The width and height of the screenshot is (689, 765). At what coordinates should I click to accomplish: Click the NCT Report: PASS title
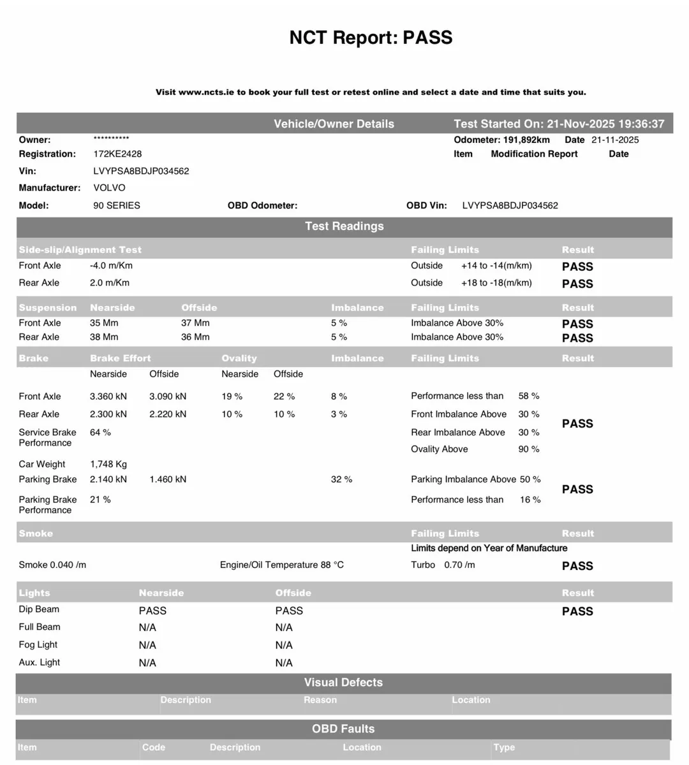click(371, 38)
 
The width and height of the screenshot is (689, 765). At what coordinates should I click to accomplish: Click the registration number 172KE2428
click(117, 154)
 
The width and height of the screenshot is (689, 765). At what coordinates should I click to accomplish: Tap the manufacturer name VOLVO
click(109, 188)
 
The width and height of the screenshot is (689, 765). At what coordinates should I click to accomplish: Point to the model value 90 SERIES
click(117, 206)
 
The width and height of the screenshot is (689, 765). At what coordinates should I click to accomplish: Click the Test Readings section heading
click(344, 226)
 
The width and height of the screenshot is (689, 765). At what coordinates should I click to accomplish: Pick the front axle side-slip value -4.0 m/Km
click(111, 266)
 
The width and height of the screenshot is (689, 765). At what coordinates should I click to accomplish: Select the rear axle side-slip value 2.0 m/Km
click(110, 283)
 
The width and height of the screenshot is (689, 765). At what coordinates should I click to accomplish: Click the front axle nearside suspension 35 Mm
click(105, 323)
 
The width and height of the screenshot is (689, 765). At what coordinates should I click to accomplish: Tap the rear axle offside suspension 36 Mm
click(195, 337)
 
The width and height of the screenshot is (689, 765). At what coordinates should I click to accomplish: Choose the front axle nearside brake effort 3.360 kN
click(108, 397)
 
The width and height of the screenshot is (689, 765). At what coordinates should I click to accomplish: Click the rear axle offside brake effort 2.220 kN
click(168, 414)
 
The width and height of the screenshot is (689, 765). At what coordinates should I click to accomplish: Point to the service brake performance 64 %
click(100, 433)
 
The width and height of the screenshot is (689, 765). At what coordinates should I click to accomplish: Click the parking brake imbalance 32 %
click(341, 479)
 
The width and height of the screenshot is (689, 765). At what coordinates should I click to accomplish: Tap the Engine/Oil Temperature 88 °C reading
click(281, 565)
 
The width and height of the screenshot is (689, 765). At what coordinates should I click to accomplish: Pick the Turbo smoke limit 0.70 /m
click(459, 565)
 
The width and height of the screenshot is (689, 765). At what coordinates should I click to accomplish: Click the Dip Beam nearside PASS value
click(152, 611)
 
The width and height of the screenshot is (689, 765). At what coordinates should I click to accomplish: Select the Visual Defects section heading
click(343, 683)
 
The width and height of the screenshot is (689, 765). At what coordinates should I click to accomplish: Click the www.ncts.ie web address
click(206, 92)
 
